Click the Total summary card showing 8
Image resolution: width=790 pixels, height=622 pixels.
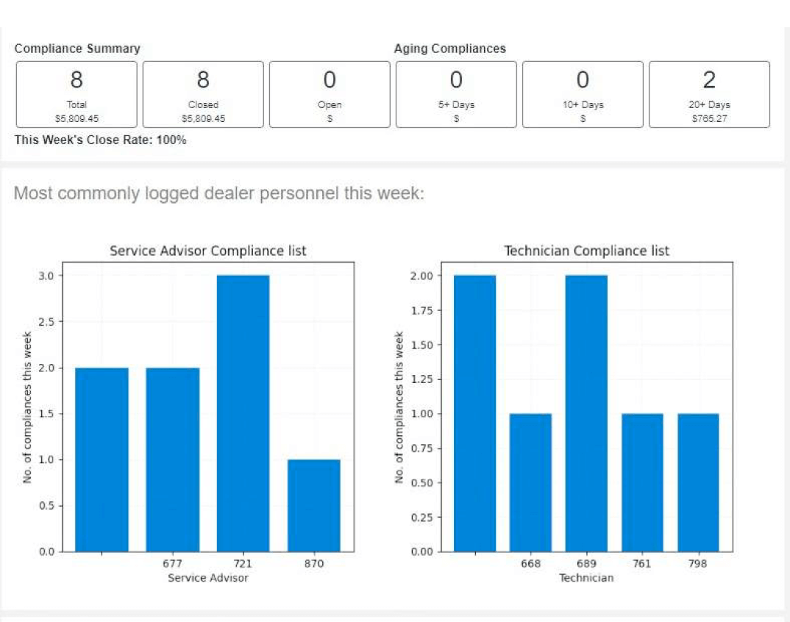[x=76, y=94]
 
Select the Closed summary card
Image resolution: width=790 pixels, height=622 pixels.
[x=203, y=94]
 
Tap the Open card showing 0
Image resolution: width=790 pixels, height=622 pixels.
[x=330, y=94]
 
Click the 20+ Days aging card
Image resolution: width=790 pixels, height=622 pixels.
[x=709, y=94]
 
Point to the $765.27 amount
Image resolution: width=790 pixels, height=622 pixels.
[x=709, y=118]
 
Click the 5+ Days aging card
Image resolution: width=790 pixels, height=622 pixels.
[x=456, y=94]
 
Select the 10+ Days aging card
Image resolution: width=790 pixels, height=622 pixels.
[x=583, y=94]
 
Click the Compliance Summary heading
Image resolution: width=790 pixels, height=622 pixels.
[x=77, y=49]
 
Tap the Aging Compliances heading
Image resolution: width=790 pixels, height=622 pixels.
[x=449, y=49]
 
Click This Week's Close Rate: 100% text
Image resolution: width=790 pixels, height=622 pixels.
[x=100, y=140]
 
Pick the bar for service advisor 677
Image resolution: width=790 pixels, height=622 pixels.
[x=172, y=460]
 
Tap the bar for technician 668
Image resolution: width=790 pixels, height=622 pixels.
[x=530, y=482]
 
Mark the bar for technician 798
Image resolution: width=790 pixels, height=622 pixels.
[x=698, y=482]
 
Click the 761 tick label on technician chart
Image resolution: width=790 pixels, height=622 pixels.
[x=642, y=564]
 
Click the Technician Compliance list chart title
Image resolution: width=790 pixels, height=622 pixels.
[x=586, y=251]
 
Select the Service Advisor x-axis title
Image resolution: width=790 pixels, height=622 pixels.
[x=208, y=578]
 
